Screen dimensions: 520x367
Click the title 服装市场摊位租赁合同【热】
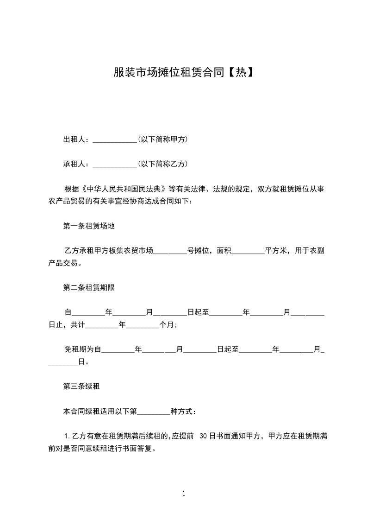point(183,73)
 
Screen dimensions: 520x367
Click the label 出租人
point(75,140)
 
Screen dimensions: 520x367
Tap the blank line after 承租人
point(115,165)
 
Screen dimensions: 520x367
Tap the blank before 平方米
point(248,252)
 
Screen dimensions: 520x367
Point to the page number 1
point(184,494)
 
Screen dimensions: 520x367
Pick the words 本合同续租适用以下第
point(100,411)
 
